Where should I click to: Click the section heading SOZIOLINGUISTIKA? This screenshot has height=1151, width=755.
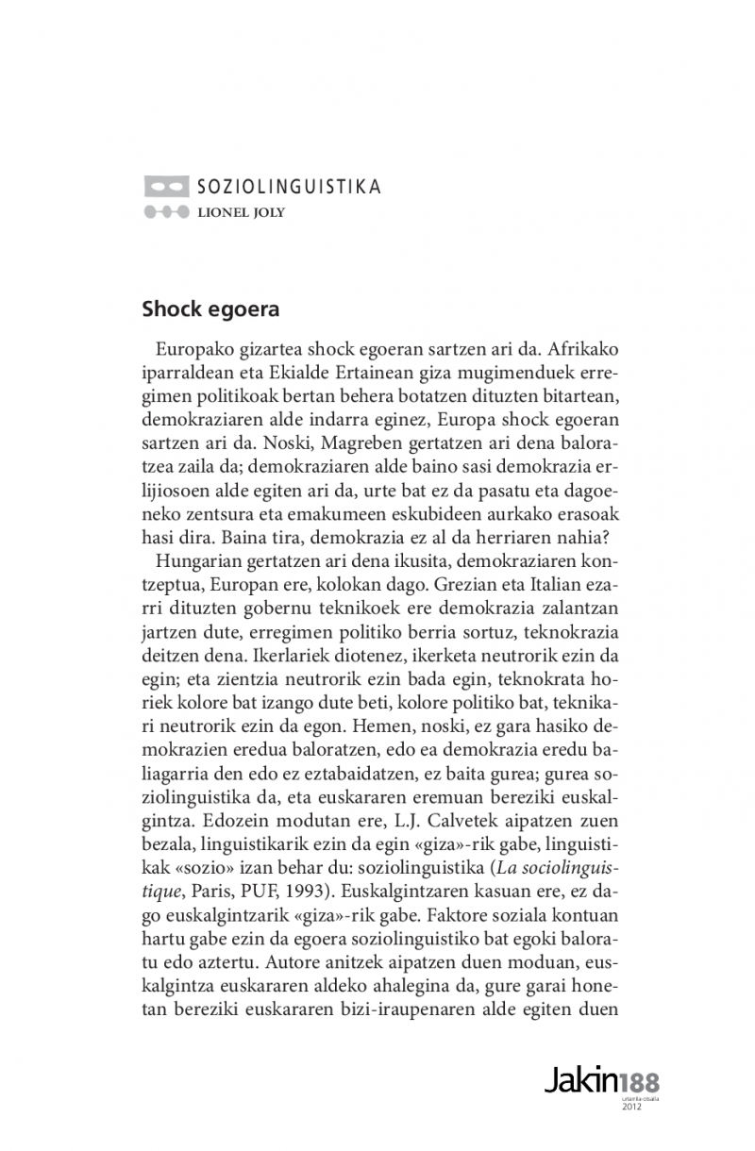click(x=289, y=187)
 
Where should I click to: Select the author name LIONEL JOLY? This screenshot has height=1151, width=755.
click(x=241, y=212)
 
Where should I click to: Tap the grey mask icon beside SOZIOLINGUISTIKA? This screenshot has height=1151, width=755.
click(x=166, y=187)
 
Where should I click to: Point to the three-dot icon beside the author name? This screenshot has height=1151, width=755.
click(x=166, y=212)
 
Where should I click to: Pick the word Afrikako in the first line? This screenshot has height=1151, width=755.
click(x=589, y=348)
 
